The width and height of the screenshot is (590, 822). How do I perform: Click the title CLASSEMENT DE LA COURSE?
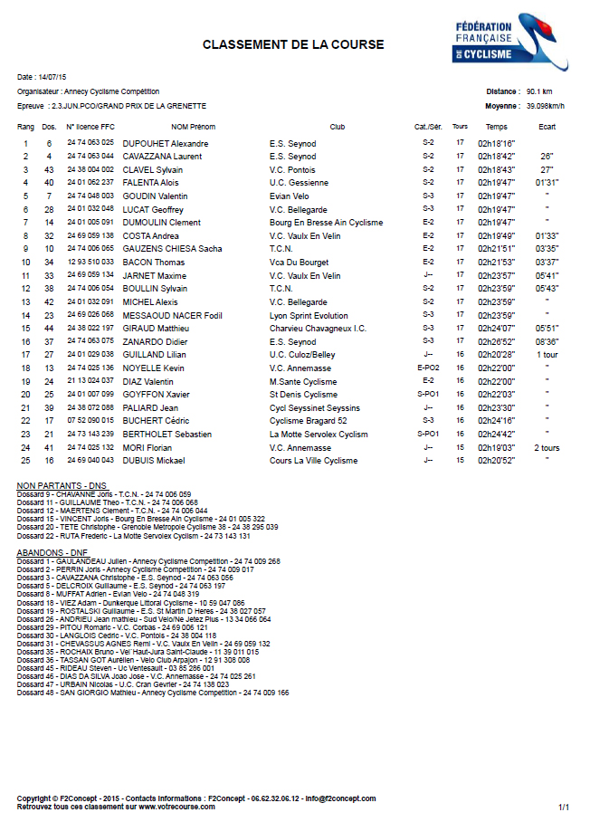tap(293, 44)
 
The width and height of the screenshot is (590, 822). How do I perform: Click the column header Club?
tap(338, 127)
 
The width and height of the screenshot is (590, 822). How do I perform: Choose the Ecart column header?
tap(547, 127)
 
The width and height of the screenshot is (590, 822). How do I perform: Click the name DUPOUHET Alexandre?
tap(166, 143)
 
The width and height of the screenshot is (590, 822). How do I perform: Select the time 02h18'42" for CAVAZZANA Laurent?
tap(496, 157)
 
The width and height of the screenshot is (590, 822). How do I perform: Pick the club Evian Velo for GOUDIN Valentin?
tap(289, 196)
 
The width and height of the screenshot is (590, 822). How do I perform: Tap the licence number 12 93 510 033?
tap(90, 263)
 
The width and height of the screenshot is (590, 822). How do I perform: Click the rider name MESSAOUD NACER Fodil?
tap(172, 315)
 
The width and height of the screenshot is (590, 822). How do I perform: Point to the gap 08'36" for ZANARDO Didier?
tap(547, 341)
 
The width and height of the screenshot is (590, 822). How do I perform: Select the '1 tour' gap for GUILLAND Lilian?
tap(547, 355)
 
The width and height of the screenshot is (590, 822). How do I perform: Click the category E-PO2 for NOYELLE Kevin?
tap(428, 368)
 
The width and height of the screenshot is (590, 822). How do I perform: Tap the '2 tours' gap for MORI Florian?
tap(547, 447)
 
